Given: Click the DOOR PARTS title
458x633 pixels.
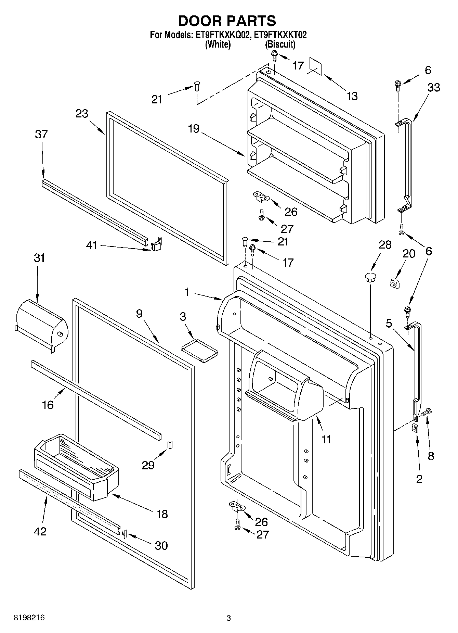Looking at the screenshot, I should click(x=227, y=21).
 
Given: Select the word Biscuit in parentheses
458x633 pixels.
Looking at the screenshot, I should click(x=280, y=44).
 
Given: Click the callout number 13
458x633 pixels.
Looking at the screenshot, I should click(x=352, y=96).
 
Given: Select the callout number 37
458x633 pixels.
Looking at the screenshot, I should click(x=41, y=134).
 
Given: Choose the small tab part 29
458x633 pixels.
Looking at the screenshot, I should click(x=170, y=445).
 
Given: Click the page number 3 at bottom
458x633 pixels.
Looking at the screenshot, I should click(x=228, y=618).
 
